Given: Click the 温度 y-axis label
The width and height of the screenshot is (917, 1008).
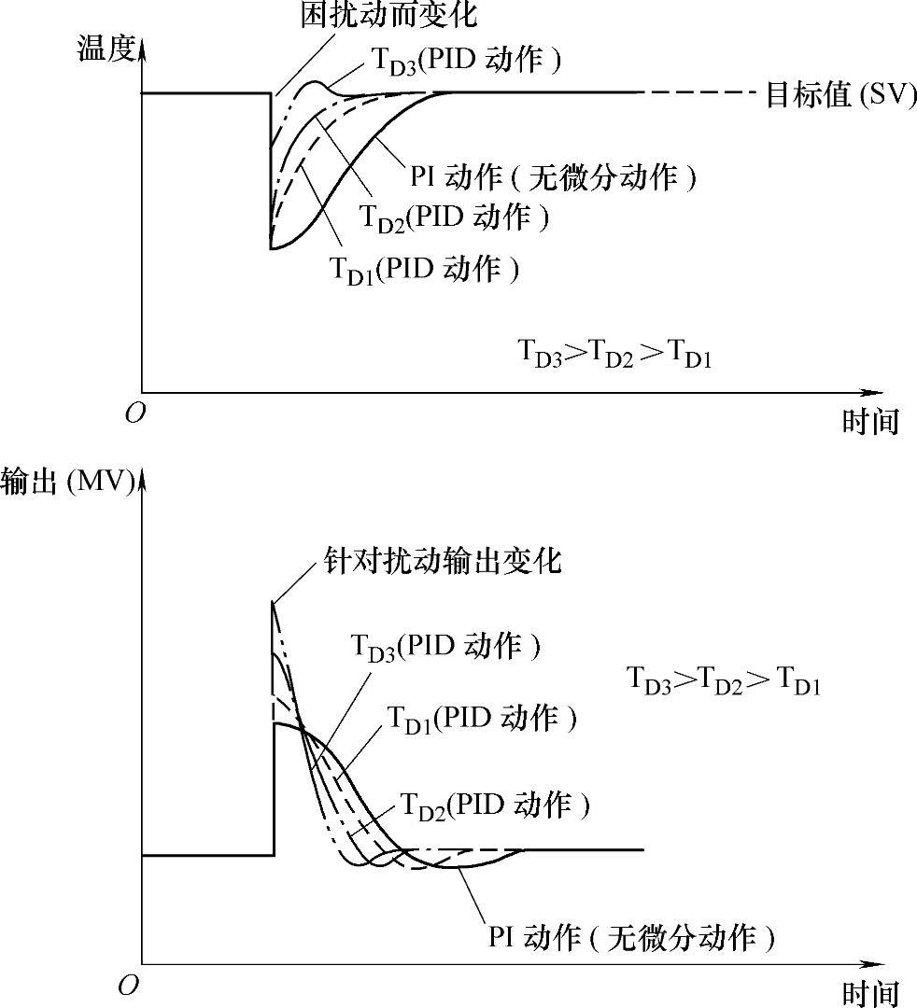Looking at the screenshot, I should tap(104, 50).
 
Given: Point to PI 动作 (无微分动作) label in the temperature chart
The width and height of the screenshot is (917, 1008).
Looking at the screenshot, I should tap(554, 176).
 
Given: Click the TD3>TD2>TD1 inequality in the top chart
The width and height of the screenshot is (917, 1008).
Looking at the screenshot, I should tap(615, 356).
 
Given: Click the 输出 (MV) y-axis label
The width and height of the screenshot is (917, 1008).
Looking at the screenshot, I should tap(68, 483).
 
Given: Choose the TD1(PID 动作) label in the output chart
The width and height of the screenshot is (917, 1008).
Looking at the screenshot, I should tap(481, 718).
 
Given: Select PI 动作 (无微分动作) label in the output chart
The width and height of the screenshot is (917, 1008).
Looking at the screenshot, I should tap(631, 936).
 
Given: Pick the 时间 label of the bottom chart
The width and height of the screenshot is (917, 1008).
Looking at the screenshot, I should tap(869, 993).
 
